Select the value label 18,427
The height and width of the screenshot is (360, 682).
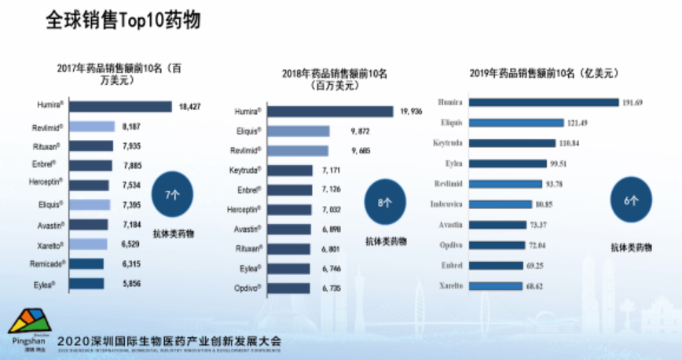pos(191,106)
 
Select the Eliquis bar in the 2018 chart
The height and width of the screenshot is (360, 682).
pos(299,131)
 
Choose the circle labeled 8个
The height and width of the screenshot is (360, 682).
pos(383,203)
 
